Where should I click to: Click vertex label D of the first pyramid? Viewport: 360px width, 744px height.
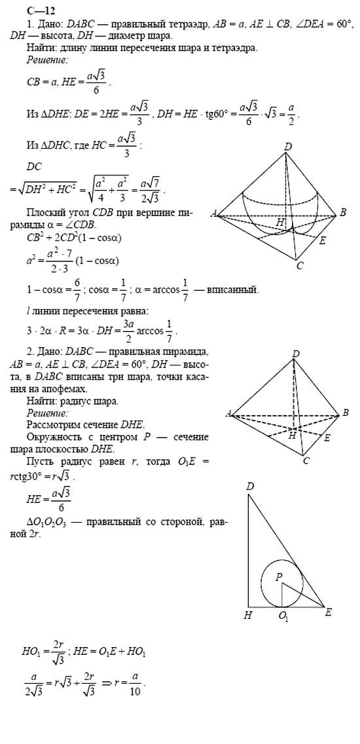(x=288, y=147)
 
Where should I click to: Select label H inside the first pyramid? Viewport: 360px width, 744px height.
(x=280, y=223)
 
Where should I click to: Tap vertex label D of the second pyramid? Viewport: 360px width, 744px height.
(x=296, y=354)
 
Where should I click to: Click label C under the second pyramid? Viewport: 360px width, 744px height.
(x=305, y=461)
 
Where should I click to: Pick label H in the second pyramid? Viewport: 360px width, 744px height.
(x=293, y=435)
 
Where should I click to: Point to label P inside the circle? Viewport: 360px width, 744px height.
(x=278, y=576)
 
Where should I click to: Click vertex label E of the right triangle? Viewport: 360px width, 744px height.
(x=328, y=612)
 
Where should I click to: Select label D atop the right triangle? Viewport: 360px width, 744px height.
(x=249, y=486)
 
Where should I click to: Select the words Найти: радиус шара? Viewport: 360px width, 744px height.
(x=73, y=401)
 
